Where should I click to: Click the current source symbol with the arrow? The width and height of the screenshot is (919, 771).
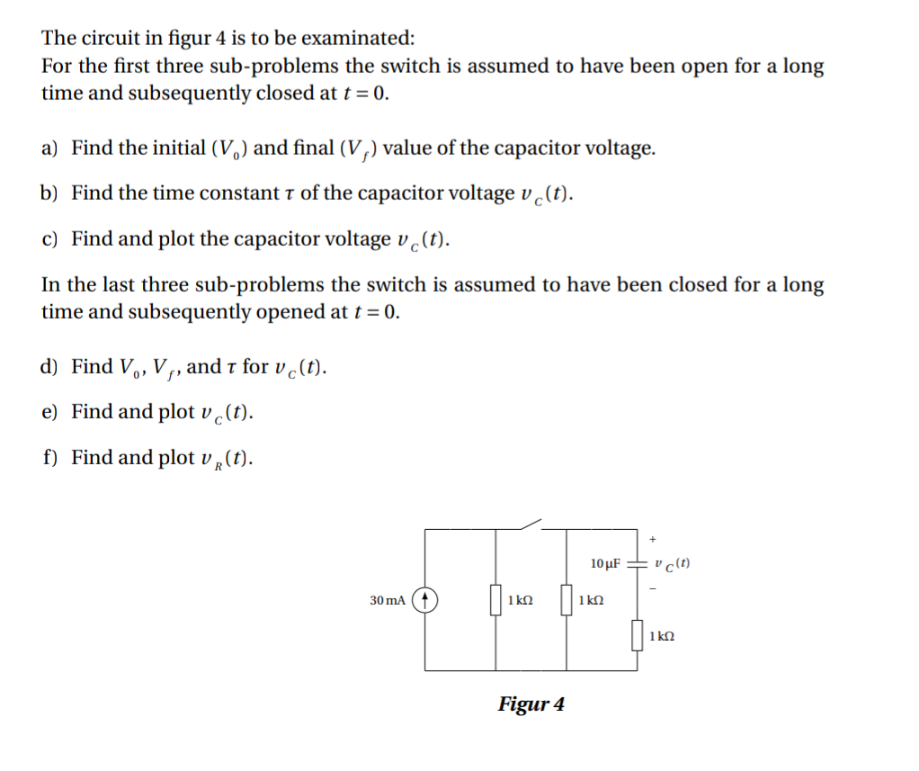[x=425, y=599]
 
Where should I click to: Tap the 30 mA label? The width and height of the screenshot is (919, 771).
[x=388, y=599]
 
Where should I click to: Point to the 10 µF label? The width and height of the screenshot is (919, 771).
[x=606, y=564]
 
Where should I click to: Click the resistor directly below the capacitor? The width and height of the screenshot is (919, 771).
[x=637, y=634]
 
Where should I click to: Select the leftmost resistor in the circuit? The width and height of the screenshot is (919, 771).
[x=495, y=599]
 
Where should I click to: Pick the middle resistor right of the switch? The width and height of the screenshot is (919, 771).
[x=566, y=599]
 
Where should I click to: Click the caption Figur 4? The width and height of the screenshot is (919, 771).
[x=531, y=704]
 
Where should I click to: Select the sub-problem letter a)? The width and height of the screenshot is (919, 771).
[x=50, y=148]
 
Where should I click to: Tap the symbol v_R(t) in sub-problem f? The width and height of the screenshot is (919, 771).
[x=226, y=459]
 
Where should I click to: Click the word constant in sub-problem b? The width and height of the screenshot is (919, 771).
[x=211, y=193]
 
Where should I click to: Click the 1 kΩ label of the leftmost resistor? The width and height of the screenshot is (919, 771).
[x=520, y=599]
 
